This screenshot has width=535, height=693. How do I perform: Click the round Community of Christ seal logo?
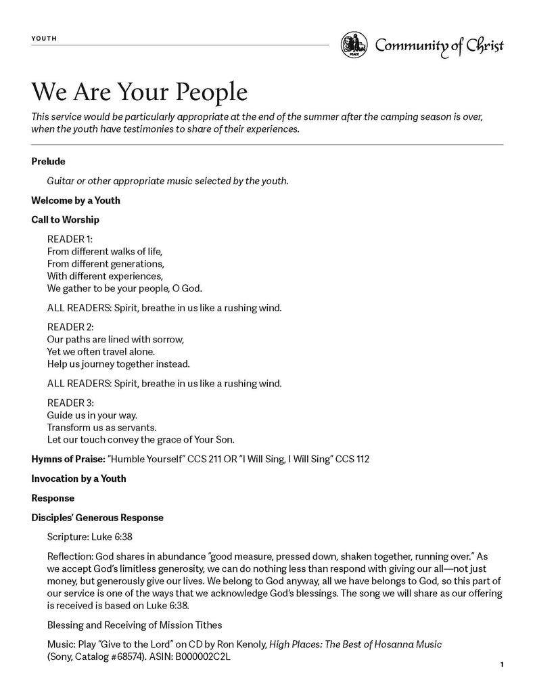354,45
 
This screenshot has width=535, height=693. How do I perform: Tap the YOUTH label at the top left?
44,39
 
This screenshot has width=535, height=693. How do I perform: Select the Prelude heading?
48,161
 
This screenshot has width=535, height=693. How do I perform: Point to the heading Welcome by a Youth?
76,200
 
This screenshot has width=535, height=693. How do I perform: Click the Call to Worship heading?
65,219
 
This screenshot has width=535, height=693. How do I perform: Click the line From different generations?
106,263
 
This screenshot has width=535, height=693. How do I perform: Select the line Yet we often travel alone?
101,351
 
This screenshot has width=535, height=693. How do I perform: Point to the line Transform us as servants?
101,427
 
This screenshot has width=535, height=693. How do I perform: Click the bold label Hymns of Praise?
68,459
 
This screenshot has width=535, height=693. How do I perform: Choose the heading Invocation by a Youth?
78,478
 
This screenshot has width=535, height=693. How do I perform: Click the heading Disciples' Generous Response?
97,518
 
